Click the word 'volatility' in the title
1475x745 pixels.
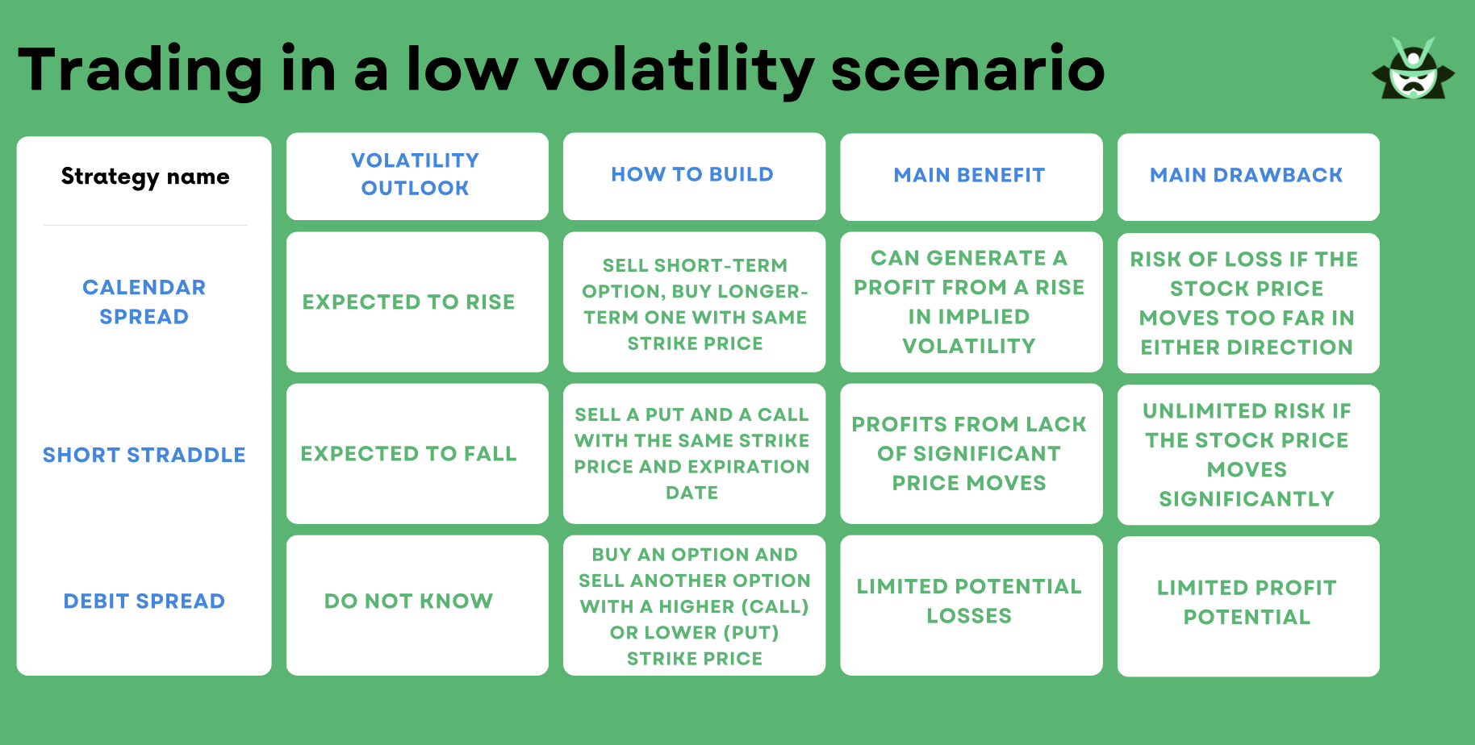[x=675, y=71]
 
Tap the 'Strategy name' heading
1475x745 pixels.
[x=145, y=177]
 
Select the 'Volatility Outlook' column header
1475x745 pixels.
[x=416, y=174]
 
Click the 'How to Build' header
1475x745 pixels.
[x=692, y=174]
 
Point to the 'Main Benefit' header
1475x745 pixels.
[x=969, y=175]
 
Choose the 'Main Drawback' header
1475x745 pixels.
[x=1247, y=175]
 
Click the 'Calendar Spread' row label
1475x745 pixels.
[x=144, y=302]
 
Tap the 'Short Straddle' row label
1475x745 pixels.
[x=144, y=455]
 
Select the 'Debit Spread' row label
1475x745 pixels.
[x=144, y=601]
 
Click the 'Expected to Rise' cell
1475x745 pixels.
[x=408, y=302]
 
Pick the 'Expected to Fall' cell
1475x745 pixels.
[x=408, y=454]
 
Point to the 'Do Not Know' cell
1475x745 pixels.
[x=408, y=601]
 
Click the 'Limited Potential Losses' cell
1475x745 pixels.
[x=969, y=601]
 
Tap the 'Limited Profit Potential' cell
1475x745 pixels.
[x=1247, y=602]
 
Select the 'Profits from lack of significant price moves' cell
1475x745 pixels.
[x=969, y=453]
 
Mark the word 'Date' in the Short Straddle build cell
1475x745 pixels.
[x=692, y=493]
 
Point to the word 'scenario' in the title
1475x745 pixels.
[x=967, y=69]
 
